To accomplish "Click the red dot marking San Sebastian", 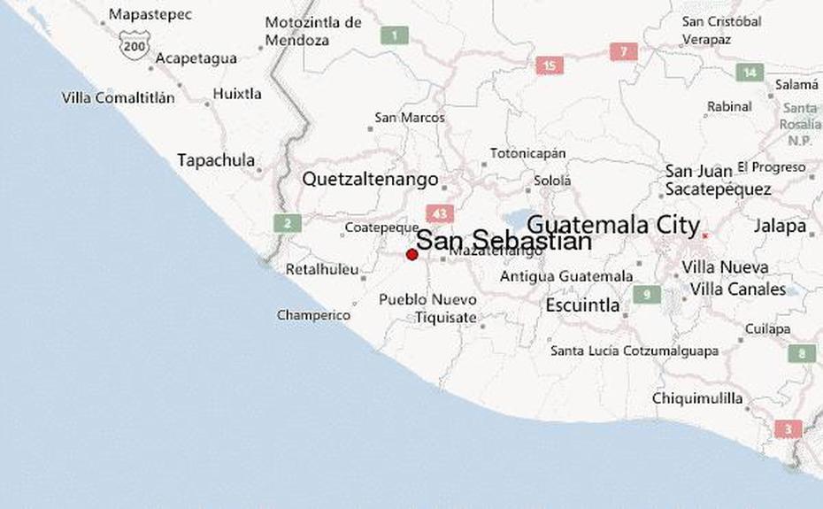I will tap(411, 254).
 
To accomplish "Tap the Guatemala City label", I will tap(613, 225).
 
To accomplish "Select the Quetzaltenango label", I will tap(370, 179).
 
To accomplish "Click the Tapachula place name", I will tap(216, 161).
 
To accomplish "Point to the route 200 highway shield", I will tap(135, 44).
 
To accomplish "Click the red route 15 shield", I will tap(550, 65).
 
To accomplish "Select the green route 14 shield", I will tap(750, 73).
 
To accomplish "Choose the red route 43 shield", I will tap(439, 213).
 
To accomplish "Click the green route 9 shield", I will tap(647, 294).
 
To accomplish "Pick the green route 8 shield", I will tap(802, 353).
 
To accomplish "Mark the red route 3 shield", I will tap(788, 429).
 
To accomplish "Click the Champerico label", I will tap(313, 315).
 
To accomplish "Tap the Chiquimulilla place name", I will tap(697, 398).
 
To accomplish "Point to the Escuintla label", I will tap(582, 306).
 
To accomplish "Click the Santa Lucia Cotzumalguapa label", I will tap(634, 351).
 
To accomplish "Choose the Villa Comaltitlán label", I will tap(118, 98).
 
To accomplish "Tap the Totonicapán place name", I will tap(527, 153).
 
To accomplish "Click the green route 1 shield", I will tap(394, 35).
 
